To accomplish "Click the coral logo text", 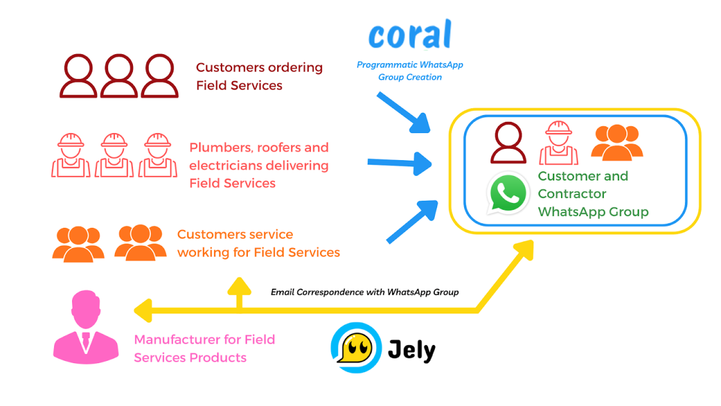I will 410,35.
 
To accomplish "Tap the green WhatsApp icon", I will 508,193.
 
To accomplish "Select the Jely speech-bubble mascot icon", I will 356,347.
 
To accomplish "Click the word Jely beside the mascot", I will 412,350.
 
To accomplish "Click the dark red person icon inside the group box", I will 508,143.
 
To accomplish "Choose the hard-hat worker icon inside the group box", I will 559,144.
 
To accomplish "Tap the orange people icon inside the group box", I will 617,143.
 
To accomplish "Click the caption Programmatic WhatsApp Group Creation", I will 410,71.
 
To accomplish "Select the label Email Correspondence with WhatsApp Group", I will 364,292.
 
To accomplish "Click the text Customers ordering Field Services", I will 259,76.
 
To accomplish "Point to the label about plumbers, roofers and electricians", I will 259,165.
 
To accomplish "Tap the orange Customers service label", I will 259,243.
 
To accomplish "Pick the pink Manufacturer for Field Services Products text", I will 204,348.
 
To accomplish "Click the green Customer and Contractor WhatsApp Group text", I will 593,194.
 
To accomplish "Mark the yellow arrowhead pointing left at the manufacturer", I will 142,310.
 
